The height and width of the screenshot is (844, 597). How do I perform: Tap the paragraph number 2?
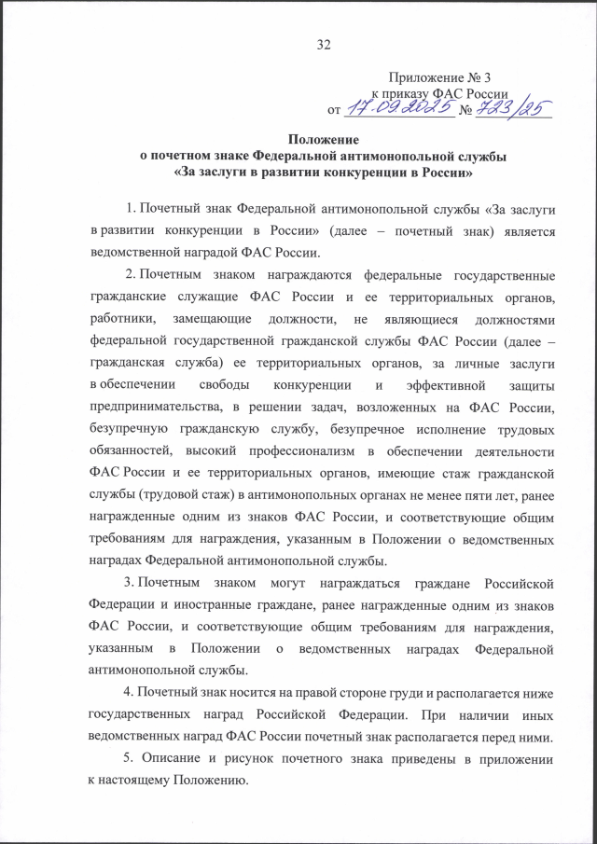128,277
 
